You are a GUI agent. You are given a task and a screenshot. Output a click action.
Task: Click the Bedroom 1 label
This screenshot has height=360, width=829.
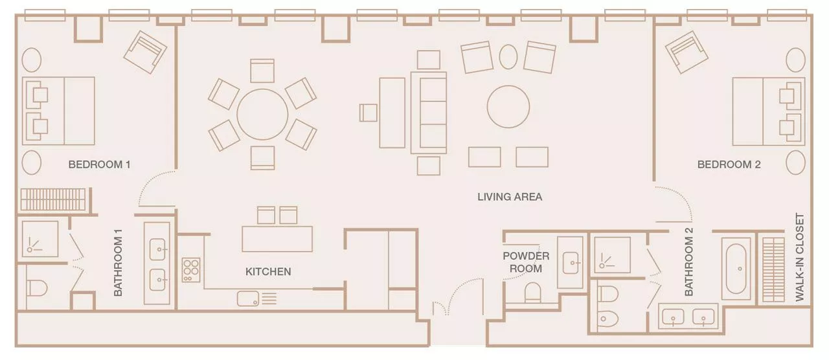tap(100, 164)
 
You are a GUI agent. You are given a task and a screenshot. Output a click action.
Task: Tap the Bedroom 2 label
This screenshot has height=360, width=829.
tap(729, 164)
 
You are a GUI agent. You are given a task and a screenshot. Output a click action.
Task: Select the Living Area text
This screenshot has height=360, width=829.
tap(510, 197)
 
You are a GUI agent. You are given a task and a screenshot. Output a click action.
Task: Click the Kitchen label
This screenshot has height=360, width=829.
tap(268, 271)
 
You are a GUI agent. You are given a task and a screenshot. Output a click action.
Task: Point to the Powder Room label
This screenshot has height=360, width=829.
tap(526, 262)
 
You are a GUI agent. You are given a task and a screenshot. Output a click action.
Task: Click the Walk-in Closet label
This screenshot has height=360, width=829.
tap(800, 257)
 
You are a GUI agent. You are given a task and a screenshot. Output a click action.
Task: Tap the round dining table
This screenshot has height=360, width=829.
tap(262, 115)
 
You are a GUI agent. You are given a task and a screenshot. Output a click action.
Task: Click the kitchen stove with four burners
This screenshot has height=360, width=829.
tap(191, 270)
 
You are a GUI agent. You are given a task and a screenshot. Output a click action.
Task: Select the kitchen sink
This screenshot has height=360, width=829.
tap(248, 298)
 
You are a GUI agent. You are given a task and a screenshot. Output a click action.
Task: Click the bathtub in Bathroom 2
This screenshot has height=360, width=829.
tap(736, 269)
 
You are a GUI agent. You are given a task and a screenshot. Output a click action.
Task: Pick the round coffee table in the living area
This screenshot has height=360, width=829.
tap(508, 107)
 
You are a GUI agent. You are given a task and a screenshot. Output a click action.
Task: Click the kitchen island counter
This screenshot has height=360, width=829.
tap(277, 239)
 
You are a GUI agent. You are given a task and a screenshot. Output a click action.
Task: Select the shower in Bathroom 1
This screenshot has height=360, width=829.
tap(40, 239)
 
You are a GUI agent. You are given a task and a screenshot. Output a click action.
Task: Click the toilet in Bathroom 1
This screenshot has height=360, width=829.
tap(37, 288)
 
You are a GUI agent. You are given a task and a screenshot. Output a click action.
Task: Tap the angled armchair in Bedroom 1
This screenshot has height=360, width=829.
tap(145, 52)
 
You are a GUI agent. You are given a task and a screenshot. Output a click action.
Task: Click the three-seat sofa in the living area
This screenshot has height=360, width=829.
tap(429, 113)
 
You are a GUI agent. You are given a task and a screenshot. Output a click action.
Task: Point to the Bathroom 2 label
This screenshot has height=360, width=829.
tap(688, 262)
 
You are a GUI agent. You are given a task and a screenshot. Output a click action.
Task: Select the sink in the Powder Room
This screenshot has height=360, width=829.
tap(570, 263)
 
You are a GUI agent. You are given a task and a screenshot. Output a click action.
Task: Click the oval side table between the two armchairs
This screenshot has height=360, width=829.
tap(508, 57)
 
